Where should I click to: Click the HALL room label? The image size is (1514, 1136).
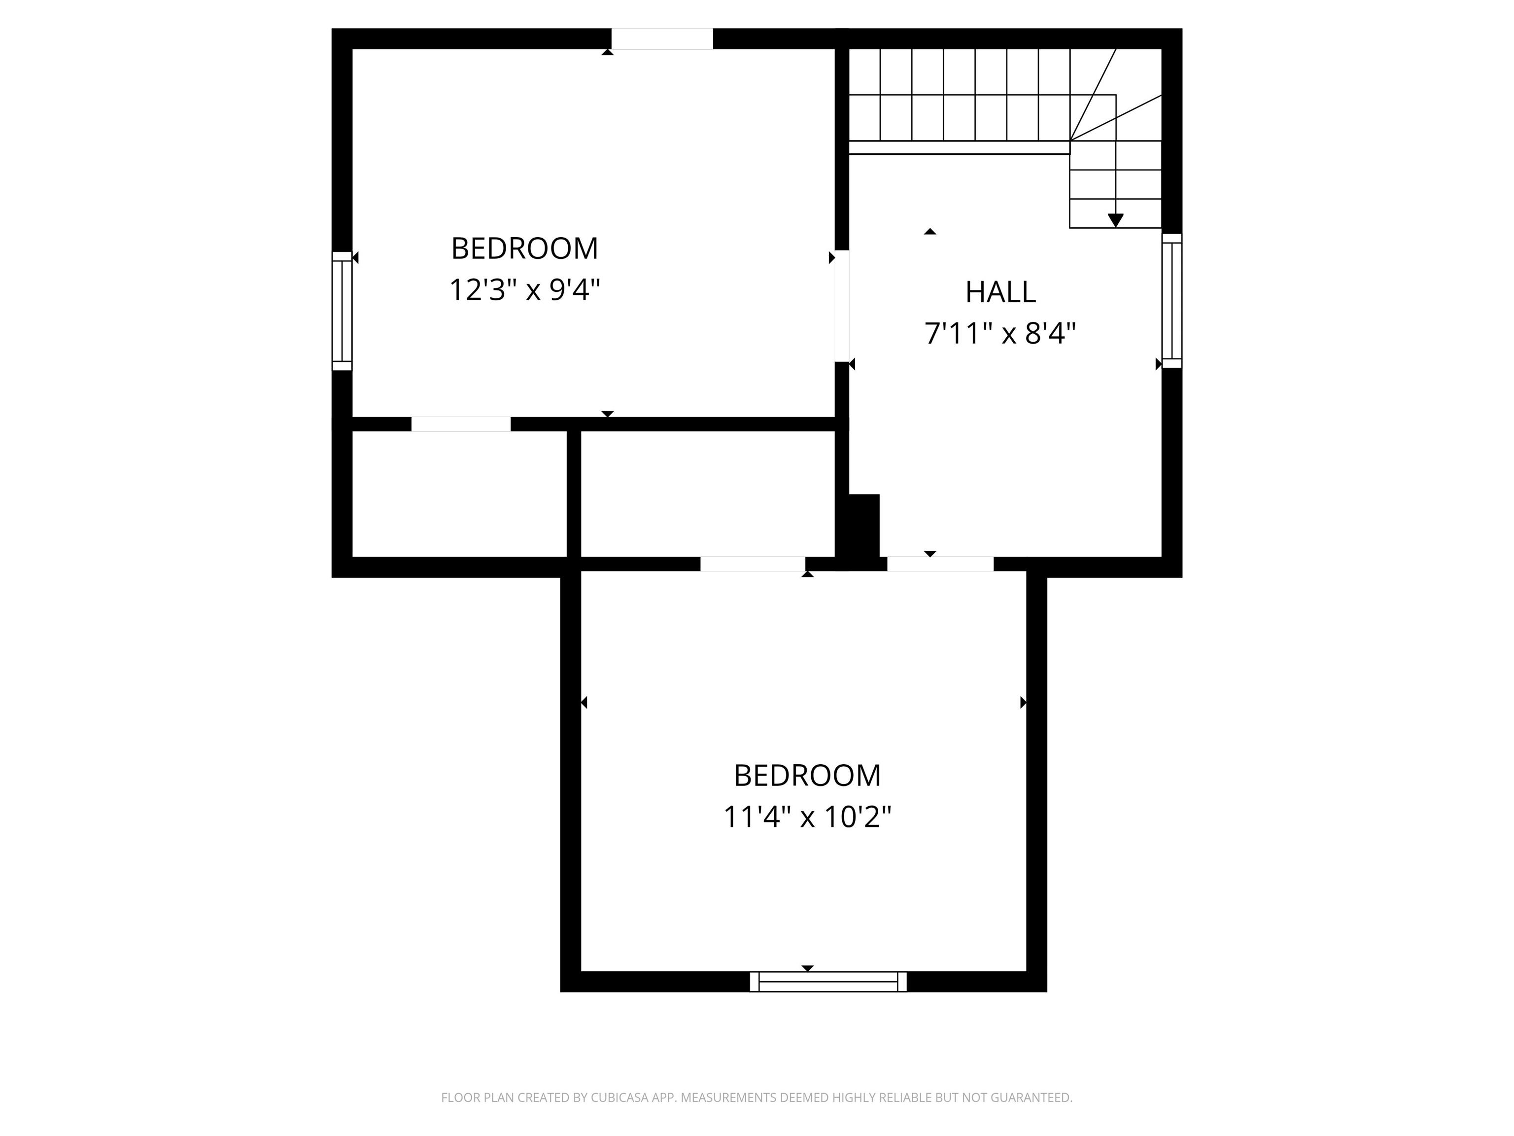point(1000,292)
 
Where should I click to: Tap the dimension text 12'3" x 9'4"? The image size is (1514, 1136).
point(524,289)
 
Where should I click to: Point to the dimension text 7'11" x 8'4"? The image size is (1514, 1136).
point(1000,334)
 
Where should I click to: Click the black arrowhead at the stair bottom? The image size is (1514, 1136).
point(1116,220)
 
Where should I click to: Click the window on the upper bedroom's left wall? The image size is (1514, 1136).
point(342,311)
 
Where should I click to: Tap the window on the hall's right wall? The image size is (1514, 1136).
point(1172,301)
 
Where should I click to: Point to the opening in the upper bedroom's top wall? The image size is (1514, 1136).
point(662,39)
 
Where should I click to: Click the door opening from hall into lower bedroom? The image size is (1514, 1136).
point(940,564)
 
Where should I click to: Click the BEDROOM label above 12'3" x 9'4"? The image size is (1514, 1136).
point(524,248)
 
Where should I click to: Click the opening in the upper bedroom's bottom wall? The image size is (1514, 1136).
point(461,424)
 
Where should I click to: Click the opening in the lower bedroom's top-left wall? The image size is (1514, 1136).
point(752,564)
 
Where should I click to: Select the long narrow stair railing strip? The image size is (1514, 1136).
point(959,147)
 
